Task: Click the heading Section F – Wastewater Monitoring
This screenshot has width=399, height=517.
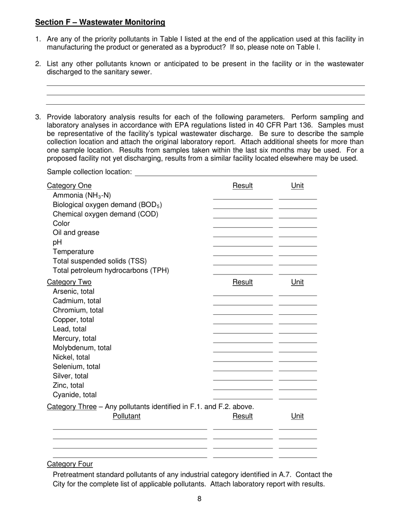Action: (100, 22)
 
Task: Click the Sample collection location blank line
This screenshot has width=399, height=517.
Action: (226, 172)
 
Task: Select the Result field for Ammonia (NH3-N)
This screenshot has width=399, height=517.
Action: (243, 195)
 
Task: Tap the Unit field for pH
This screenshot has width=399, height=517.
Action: (298, 243)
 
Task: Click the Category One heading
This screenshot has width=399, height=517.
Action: (69, 186)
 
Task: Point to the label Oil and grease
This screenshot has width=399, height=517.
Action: (76, 233)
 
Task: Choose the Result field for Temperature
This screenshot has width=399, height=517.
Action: (243, 252)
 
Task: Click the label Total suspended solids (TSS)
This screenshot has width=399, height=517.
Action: (100, 261)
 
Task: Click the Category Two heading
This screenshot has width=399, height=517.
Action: (69, 282)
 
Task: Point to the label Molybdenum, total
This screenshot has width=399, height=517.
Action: (82, 348)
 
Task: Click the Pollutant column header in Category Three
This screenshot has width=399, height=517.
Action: (126, 416)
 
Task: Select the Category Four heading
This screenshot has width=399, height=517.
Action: (70, 464)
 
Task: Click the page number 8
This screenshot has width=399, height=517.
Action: (199, 499)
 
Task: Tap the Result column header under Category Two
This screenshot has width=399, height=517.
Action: (243, 282)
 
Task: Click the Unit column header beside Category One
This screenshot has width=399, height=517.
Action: (297, 186)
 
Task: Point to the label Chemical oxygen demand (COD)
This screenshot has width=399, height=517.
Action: (105, 214)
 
